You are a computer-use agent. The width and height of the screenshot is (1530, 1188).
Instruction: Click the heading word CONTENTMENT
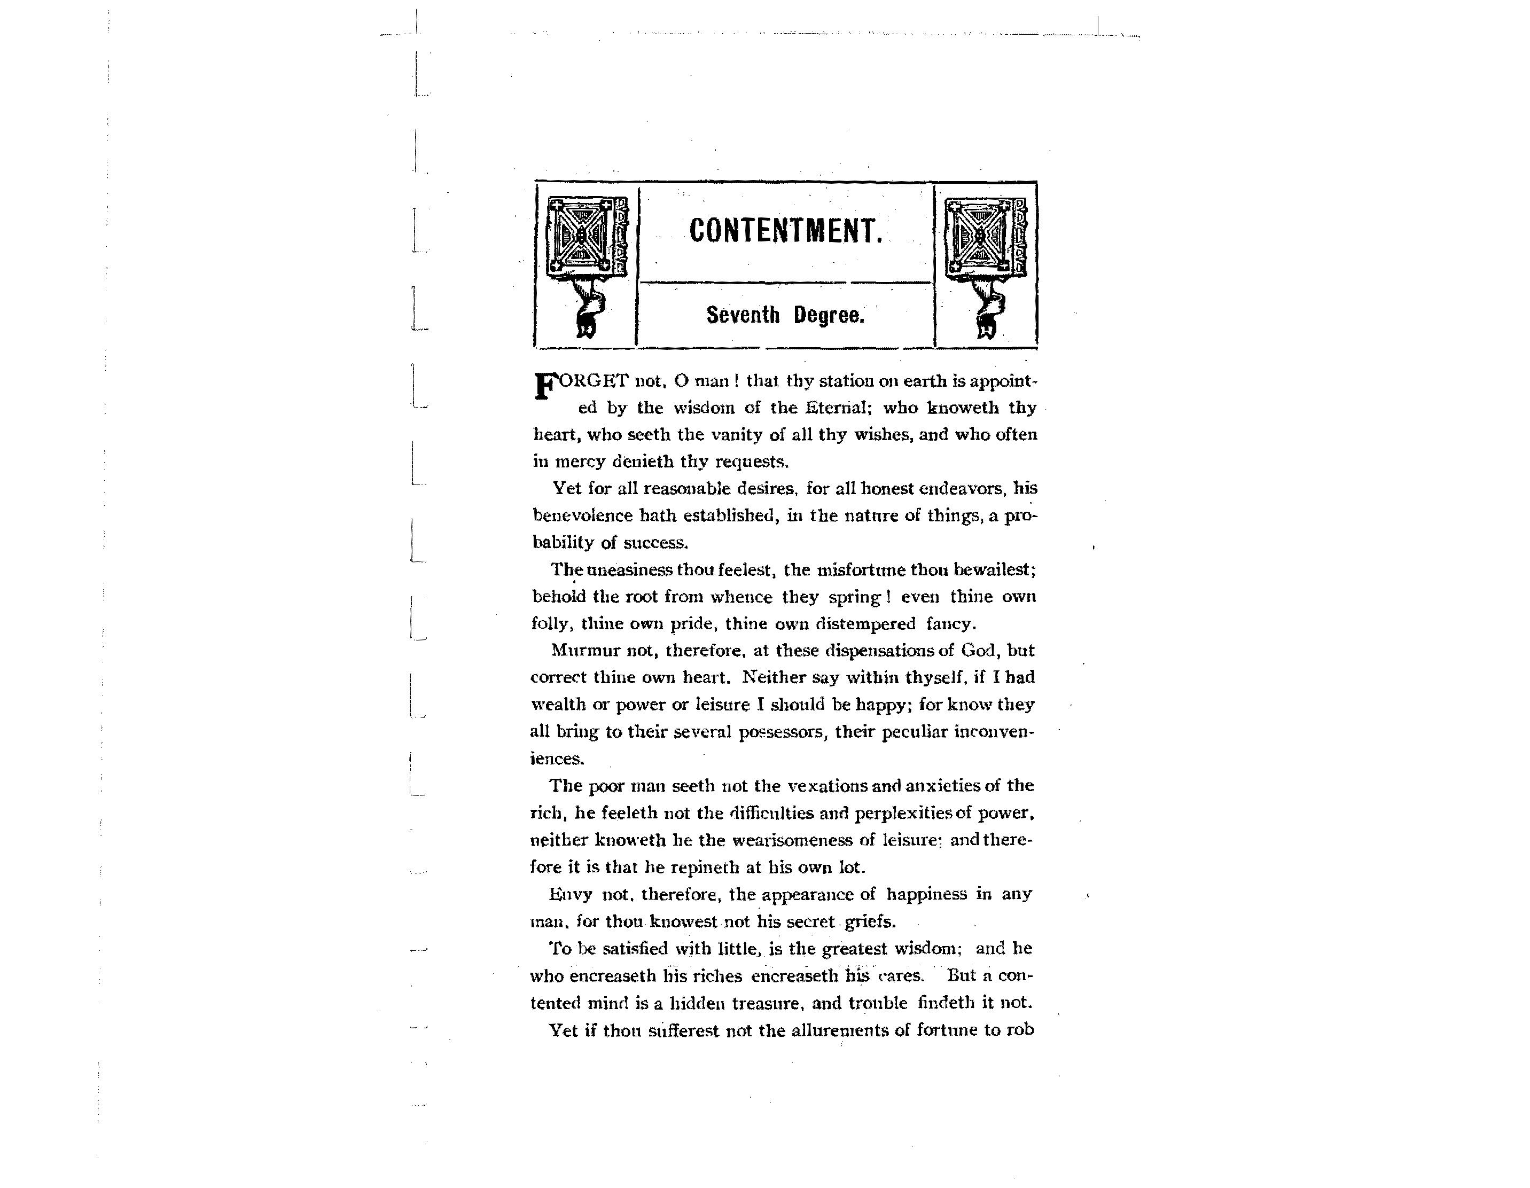click(x=785, y=231)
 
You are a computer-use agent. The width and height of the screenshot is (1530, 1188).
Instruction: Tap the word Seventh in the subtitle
click(x=743, y=315)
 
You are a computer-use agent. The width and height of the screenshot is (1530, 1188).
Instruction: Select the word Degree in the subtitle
click(x=829, y=315)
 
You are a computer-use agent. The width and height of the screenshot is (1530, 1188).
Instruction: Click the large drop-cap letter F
click(x=545, y=386)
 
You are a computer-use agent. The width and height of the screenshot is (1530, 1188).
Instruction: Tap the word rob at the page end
click(x=1020, y=1030)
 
